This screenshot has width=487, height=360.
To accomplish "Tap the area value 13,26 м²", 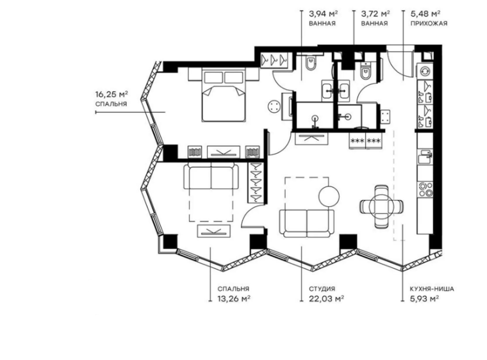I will [232, 298].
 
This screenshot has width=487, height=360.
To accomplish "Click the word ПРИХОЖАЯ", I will [428, 23].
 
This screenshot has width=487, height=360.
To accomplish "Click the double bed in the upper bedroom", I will [224, 96].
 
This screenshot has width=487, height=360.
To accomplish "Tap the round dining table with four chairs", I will [381, 206].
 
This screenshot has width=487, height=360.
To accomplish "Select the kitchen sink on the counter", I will [425, 156].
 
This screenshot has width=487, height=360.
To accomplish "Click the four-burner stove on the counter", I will [425, 187].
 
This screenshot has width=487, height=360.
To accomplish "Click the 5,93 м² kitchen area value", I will [424, 298].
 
